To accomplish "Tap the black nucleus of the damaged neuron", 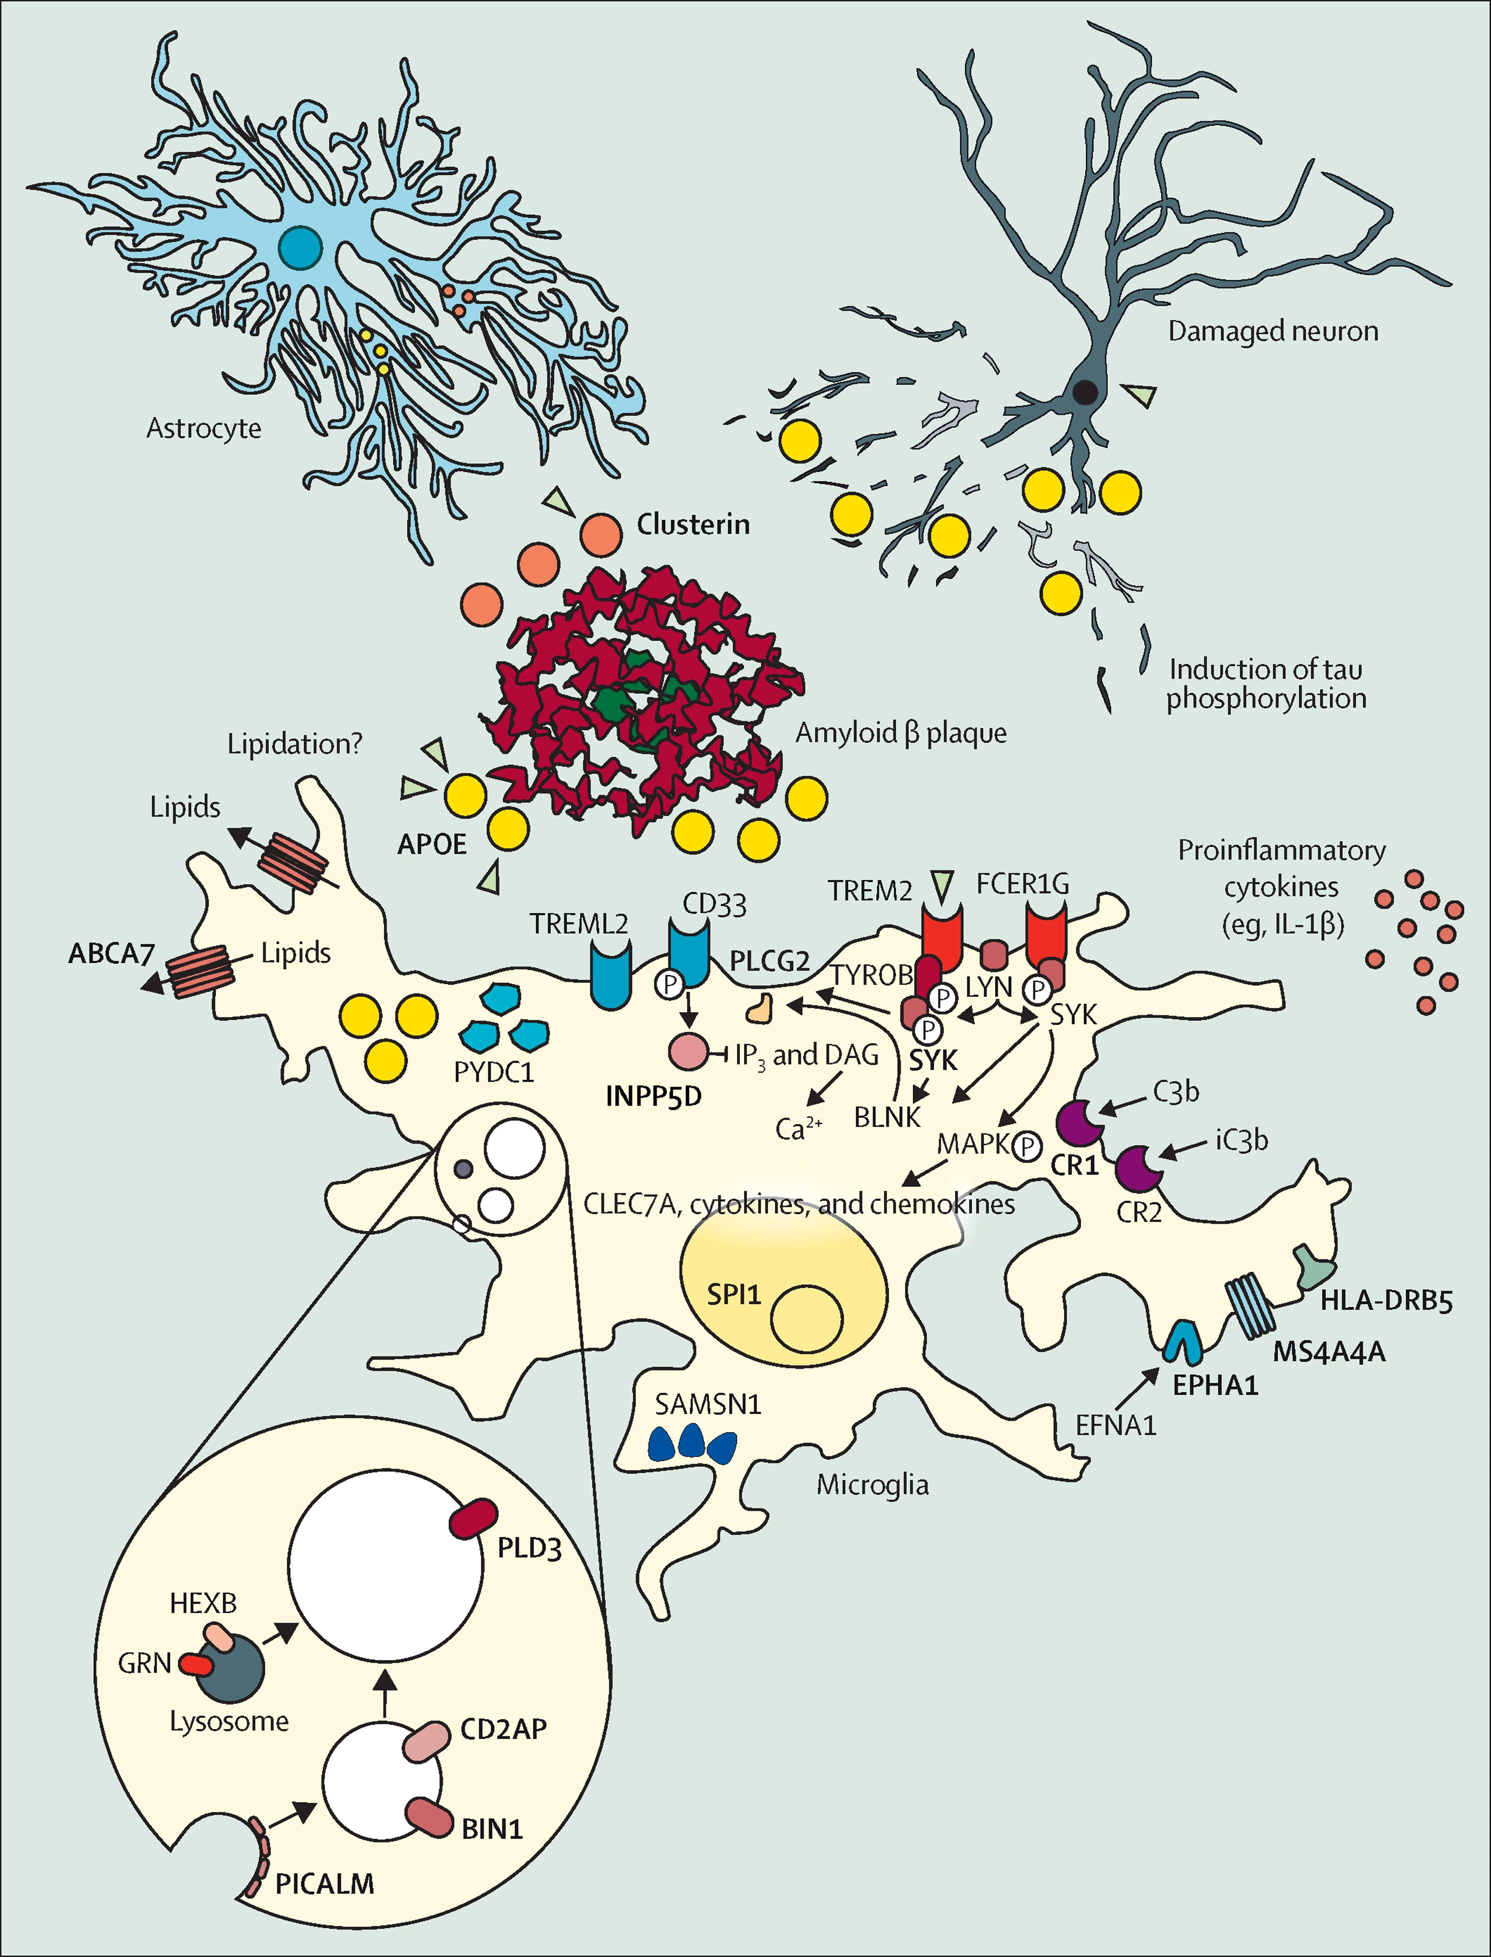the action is (x=1085, y=391).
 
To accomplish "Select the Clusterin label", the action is (x=693, y=525).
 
